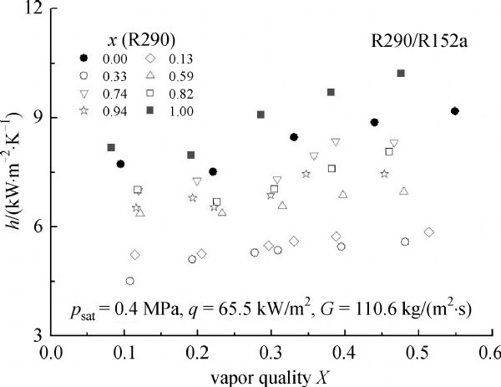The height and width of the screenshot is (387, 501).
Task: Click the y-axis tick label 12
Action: coord(34,10)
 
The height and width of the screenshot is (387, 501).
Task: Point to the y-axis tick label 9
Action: coord(38,118)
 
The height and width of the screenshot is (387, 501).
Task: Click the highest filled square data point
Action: coord(401,74)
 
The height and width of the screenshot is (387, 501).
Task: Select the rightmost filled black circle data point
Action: coord(454,111)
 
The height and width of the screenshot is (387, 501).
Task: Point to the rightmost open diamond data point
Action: coord(429,232)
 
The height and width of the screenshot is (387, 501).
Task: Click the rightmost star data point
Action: coord(384,174)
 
